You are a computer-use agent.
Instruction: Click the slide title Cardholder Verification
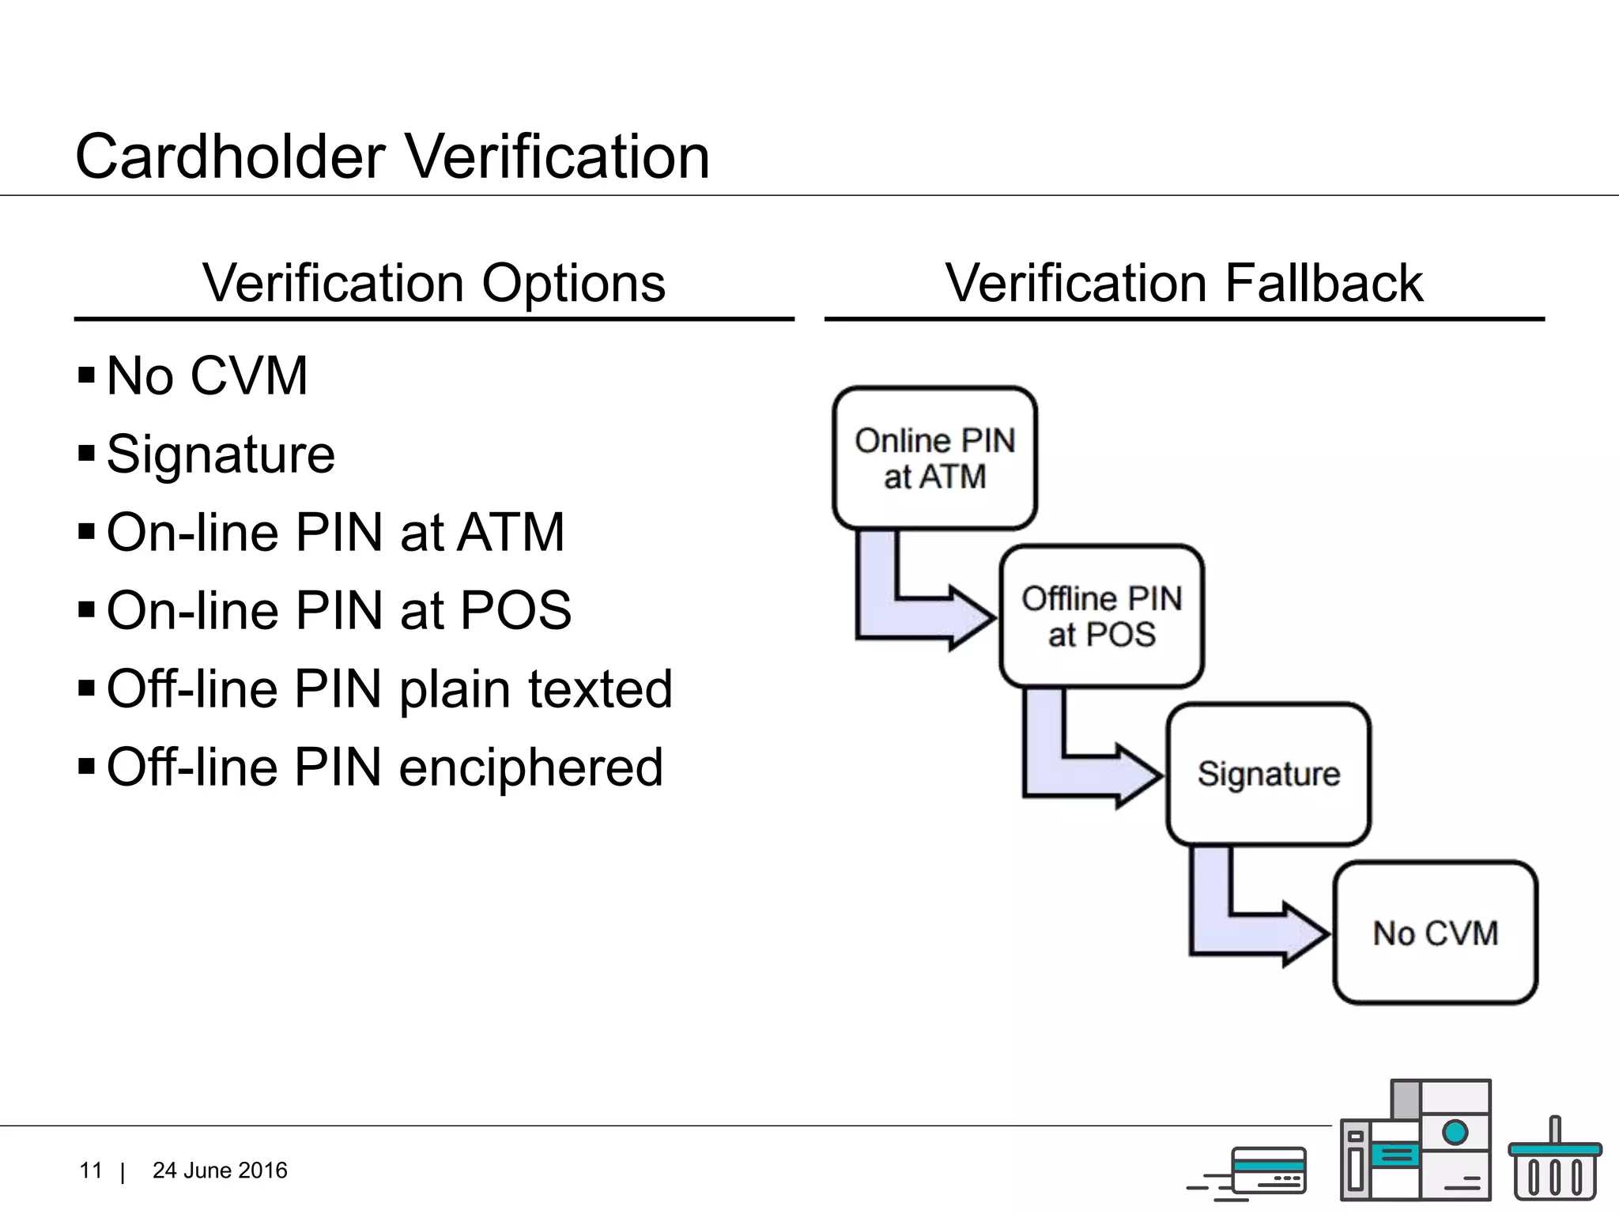[392, 156]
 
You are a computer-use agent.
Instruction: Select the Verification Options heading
[433, 283]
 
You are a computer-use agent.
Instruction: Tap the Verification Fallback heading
[1183, 283]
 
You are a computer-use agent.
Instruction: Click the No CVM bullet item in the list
[206, 375]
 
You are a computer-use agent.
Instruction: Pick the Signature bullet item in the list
[221, 454]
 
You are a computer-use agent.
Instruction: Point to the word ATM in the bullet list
[511, 532]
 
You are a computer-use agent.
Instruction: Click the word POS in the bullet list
[515, 610]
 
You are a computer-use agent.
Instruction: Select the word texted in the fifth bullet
[600, 688]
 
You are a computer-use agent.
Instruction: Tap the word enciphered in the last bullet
[530, 767]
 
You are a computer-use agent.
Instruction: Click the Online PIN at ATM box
[934, 458]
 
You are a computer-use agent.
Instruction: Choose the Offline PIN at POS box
[1101, 616]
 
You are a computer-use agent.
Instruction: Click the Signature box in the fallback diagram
[1268, 774]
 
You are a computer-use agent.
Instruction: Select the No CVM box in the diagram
[1435, 933]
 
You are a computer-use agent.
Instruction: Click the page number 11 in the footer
[91, 1171]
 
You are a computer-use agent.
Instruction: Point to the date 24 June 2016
[220, 1171]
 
